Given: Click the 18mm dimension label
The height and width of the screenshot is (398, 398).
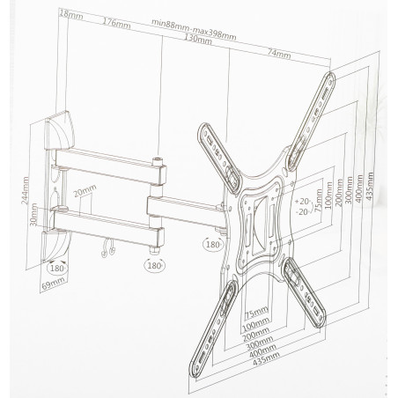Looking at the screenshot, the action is point(70,15).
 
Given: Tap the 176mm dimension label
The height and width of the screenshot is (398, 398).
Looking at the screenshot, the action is point(116,23).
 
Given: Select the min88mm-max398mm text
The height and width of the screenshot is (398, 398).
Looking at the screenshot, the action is point(194,30).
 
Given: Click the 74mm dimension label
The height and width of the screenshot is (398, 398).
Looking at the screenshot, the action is point(279,54).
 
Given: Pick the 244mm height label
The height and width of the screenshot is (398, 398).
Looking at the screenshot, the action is point(25,190).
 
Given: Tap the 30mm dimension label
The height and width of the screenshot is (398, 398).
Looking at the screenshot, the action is point(34,215).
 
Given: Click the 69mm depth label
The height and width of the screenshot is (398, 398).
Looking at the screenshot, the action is point(53,284).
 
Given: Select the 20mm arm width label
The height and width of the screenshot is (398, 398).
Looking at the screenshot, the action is point(85,190).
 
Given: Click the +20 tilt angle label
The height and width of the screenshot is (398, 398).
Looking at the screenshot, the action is point(303,202).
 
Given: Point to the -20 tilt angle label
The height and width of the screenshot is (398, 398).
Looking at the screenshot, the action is point(303,211).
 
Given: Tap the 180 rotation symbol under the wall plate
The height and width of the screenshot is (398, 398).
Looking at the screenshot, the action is point(56,268).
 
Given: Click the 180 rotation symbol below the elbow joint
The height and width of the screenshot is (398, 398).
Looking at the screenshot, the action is point(154,266).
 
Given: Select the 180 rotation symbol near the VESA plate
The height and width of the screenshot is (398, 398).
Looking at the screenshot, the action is point(213,244).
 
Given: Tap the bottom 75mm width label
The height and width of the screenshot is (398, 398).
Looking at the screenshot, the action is point(256,313).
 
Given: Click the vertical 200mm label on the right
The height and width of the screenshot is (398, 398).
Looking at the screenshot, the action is point(340,193).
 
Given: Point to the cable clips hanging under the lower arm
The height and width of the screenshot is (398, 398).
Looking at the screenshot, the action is point(107,247).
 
